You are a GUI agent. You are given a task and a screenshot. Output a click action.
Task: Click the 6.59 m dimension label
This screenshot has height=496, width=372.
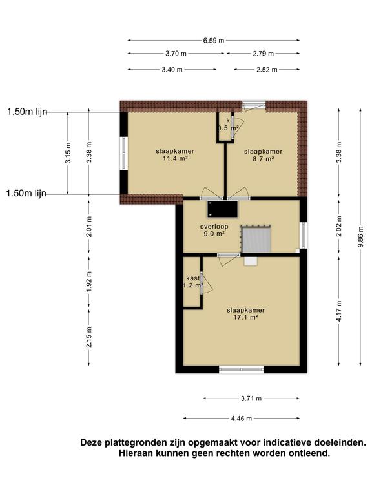(x=214, y=41)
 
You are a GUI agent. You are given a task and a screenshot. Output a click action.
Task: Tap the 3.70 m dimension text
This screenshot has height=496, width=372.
(x=176, y=54)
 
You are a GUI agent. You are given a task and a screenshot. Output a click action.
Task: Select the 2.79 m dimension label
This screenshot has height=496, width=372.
(x=263, y=54)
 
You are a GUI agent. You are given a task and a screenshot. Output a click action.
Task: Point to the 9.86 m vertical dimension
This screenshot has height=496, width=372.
(x=361, y=237)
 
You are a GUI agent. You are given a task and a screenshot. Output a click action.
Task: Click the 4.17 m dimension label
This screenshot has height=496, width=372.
(x=339, y=311)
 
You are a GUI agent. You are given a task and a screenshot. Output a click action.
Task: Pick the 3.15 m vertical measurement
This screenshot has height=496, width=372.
(x=68, y=153)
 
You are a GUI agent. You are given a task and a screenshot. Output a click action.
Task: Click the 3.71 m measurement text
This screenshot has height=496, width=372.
(x=251, y=398)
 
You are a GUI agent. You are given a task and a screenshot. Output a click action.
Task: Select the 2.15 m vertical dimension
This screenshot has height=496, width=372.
(x=89, y=337)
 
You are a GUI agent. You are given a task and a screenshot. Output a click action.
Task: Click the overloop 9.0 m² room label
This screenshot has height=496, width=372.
(x=214, y=231)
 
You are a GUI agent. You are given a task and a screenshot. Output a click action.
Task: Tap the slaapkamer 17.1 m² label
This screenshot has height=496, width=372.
(x=246, y=313)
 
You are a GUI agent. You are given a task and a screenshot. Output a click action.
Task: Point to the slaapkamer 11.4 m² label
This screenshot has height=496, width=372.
(x=174, y=155)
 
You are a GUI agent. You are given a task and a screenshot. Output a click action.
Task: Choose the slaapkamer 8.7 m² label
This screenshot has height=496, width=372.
(x=263, y=155)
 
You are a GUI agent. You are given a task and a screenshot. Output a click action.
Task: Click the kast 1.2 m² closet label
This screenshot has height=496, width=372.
(x=193, y=282)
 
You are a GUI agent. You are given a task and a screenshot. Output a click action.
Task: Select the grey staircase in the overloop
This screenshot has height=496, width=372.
(x=256, y=239)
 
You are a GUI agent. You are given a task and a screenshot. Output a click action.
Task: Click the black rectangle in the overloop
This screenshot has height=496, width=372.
(x=222, y=209)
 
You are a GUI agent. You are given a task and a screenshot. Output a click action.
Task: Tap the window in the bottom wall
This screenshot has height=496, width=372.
(x=242, y=369)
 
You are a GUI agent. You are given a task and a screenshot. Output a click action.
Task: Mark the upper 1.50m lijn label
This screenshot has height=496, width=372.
(x=27, y=112)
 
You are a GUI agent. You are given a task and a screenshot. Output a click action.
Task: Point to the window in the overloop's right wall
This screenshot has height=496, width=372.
(x=304, y=235)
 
